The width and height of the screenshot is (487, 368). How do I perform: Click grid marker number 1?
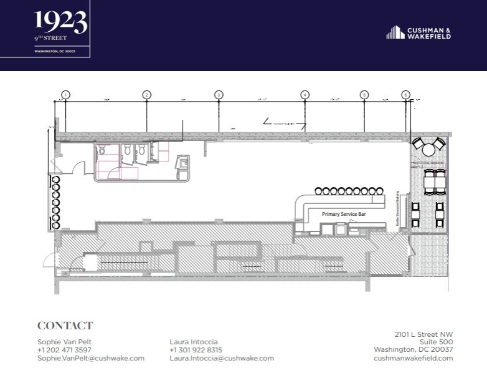click(65, 95)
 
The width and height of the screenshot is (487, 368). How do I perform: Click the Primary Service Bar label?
click(342, 214)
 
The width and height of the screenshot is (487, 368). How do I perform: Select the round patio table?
click(428, 150)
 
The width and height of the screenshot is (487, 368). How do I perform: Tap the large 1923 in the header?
click(60, 22)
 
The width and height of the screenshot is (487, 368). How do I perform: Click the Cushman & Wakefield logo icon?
click(395, 32)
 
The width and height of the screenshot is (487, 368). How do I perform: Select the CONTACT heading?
click(65, 326)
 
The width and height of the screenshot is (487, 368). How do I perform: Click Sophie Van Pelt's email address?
click(91, 358)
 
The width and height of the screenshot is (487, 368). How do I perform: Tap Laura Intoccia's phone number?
click(196, 350)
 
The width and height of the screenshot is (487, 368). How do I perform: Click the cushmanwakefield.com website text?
click(413, 358)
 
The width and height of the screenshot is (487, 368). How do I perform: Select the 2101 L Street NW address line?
click(423, 334)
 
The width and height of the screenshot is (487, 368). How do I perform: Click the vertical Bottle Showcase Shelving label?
click(397, 215)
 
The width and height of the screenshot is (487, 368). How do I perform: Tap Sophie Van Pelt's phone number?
click(64, 350)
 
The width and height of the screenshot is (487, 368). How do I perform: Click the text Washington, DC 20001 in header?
click(55, 51)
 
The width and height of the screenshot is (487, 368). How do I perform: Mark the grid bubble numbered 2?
click(146, 95)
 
